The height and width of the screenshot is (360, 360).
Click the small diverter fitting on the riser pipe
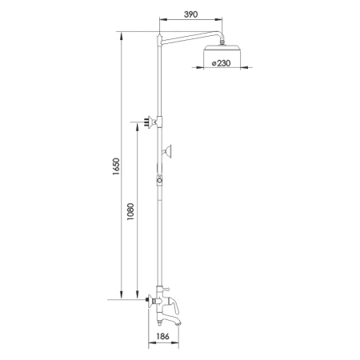coord(159,181)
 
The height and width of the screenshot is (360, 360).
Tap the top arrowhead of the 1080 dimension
coord(138,124)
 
